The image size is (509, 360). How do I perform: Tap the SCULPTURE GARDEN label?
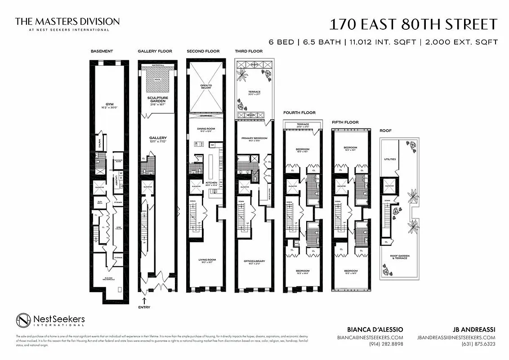click(157, 99)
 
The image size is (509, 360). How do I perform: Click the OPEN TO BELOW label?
click(206, 86)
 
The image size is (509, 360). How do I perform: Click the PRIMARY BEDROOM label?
click(254, 139)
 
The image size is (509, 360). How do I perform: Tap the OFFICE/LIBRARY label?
click(254, 262)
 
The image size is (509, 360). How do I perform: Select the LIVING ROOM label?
click(206, 261)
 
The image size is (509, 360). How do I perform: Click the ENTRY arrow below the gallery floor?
click(144, 301)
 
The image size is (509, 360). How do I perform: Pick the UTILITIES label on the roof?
click(389, 159)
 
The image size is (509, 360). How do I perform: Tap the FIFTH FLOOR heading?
click(345, 122)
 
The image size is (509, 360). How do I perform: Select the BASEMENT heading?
click(102, 51)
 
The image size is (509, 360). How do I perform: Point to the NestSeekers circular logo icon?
click(23, 321)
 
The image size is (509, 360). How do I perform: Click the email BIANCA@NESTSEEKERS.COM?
click(370, 337)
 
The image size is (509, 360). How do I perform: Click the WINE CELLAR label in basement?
click(118, 228)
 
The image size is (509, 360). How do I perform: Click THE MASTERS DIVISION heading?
click(67, 22)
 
